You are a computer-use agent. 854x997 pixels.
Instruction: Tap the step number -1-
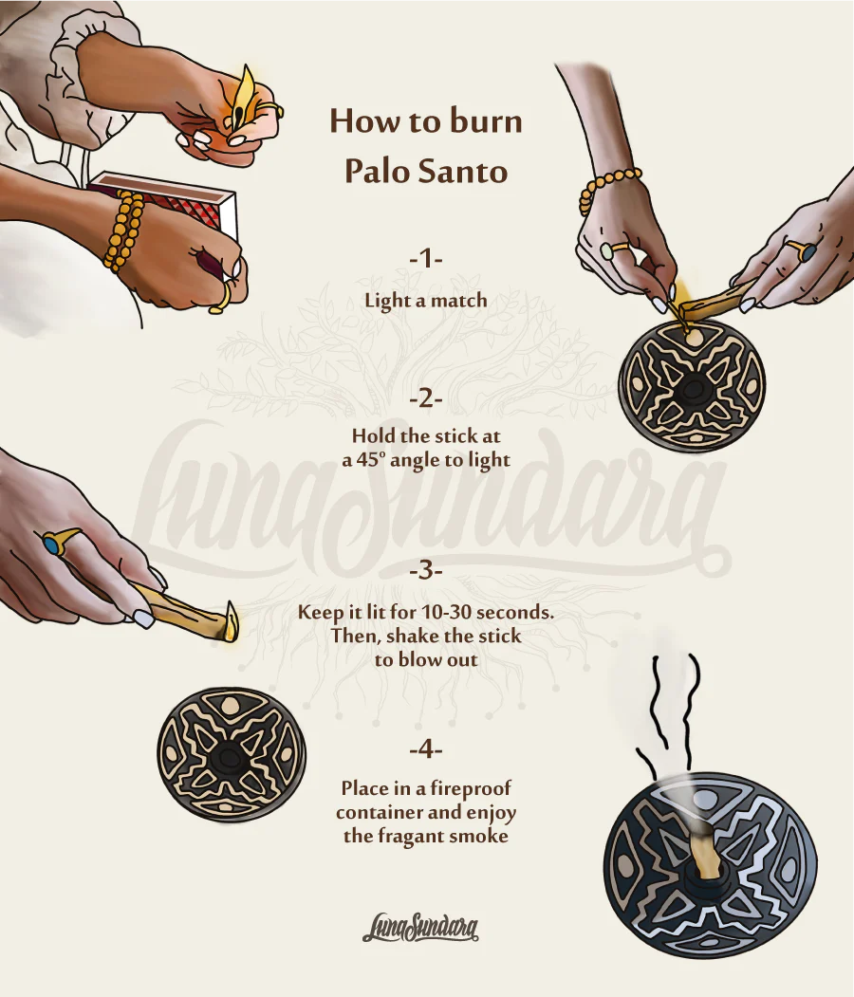[426, 259]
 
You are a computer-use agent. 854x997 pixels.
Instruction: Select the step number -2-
[426, 399]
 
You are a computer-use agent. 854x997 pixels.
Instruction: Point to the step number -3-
[426, 570]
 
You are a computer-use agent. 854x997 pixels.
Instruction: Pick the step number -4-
[426, 749]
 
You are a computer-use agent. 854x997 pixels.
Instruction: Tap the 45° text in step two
[370, 460]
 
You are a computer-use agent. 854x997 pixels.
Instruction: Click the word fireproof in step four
[471, 788]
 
